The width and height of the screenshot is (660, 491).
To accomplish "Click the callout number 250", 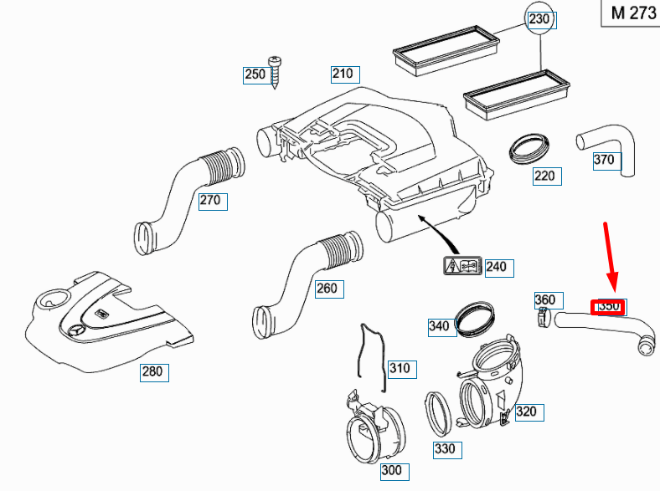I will tap(255, 74).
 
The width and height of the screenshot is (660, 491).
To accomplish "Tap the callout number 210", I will tap(343, 73).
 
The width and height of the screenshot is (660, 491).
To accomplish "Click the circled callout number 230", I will tap(540, 19).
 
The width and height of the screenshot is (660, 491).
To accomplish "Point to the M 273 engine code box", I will tap(629, 14).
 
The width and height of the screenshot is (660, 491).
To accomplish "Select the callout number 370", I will tap(604, 160).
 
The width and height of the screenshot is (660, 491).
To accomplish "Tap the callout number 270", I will tap(210, 200).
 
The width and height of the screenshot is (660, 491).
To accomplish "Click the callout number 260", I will tap(327, 289).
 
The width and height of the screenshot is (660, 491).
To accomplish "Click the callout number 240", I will tap(496, 267).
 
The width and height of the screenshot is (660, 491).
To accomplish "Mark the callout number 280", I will tap(153, 372).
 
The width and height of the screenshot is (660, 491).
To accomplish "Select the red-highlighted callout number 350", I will tap(608, 307).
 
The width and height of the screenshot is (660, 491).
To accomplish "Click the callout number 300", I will tap(392, 470).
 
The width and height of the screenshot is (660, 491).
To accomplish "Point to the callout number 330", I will tap(445, 449).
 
